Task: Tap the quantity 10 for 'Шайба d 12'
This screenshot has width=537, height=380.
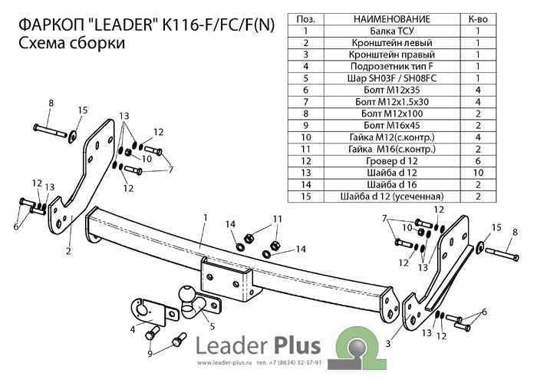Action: (x=478, y=173)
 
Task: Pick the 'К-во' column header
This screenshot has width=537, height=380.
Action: (x=478, y=18)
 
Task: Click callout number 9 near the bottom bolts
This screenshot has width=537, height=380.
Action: (x=151, y=354)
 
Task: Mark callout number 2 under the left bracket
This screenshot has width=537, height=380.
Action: (x=68, y=250)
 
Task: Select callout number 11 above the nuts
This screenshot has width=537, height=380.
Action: (x=278, y=220)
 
